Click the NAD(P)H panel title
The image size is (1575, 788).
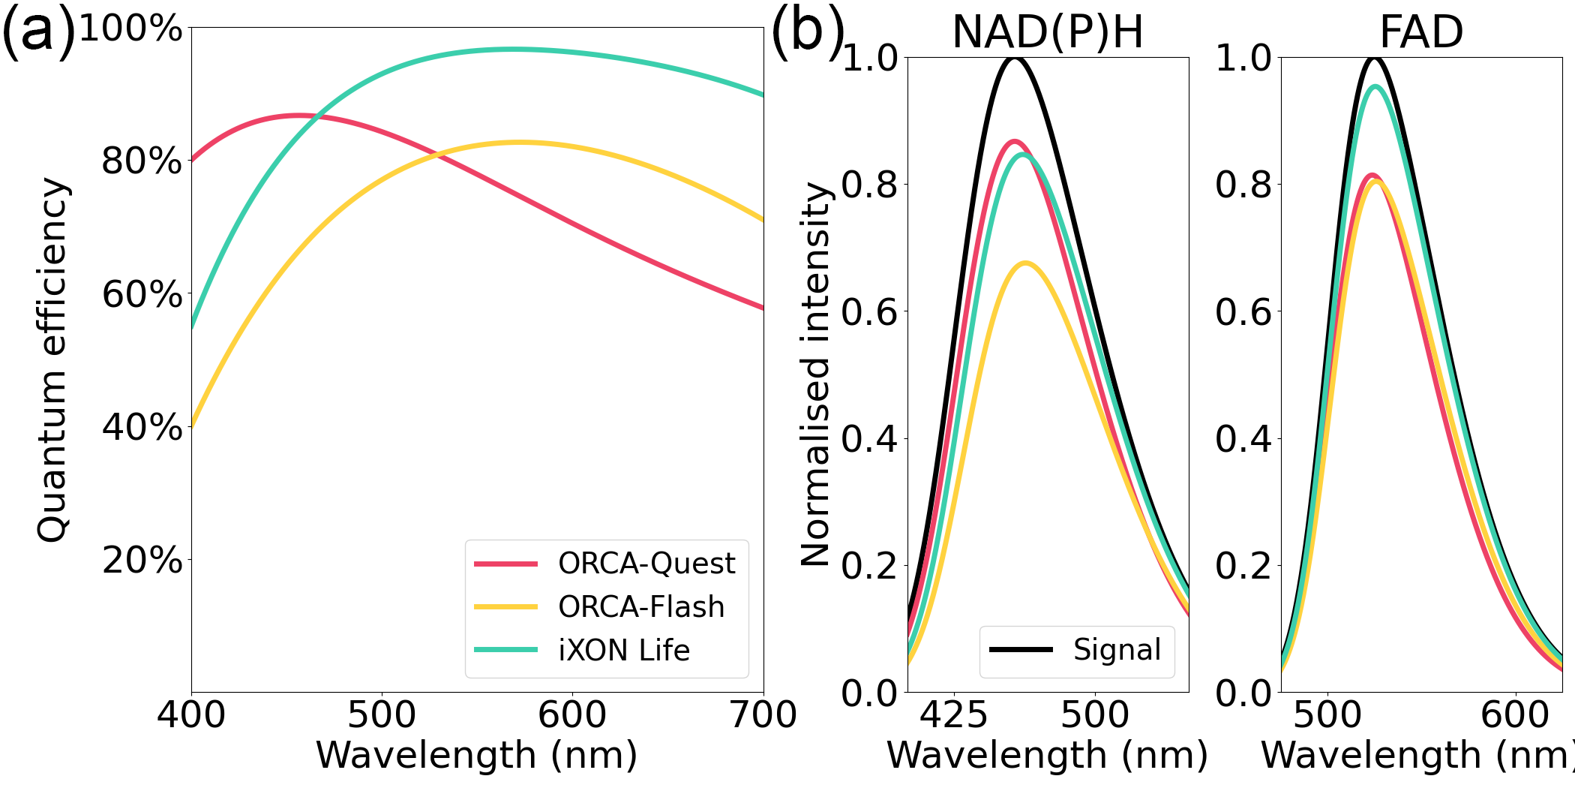[x=1048, y=32]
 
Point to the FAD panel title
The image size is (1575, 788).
[x=1421, y=32]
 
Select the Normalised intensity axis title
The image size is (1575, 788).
[x=816, y=375]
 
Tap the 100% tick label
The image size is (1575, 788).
[x=130, y=29]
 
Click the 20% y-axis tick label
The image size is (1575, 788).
[x=142, y=560]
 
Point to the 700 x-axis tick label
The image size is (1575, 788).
[x=763, y=715]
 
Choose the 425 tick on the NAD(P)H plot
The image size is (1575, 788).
[x=954, y=715]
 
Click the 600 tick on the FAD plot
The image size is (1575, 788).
[x=1515, y=715]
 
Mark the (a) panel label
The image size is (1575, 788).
[x=39, y=32]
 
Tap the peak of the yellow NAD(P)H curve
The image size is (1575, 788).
[x=1025, y=263]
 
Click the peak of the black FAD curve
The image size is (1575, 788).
[x=1375, y=58]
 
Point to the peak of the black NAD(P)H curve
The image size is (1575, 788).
[x=1015, y=58]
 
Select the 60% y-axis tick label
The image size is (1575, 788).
[x=142, y=294]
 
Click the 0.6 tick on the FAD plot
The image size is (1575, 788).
[x=1243, y=311]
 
